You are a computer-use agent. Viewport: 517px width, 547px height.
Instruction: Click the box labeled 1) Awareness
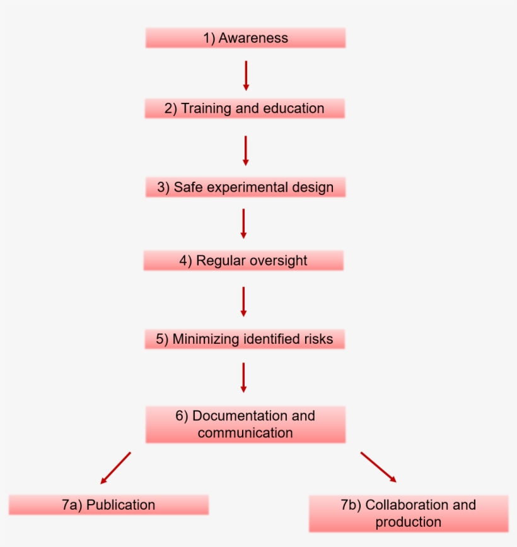point(245,38)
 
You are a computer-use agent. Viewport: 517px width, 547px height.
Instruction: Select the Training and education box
point(245,109)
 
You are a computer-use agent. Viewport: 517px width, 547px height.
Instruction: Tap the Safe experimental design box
point(245,187)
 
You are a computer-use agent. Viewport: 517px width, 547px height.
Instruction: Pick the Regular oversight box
point(243,261)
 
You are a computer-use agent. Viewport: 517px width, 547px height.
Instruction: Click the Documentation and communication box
point(245,424)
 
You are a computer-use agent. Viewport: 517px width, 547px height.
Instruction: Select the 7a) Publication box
point(108,505)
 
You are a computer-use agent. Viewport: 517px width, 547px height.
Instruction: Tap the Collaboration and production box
point(409,513)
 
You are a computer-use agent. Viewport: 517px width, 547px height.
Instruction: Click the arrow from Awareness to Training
point(246,75)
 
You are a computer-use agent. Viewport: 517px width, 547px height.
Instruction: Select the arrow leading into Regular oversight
point(243,223)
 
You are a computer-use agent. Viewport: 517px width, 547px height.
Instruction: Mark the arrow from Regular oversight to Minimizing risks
point(243,302)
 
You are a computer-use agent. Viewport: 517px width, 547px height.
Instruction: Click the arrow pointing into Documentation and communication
point(243,377)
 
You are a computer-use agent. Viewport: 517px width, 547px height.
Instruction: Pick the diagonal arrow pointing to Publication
point(116,468)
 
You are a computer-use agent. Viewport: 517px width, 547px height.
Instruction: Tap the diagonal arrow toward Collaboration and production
point(378,467)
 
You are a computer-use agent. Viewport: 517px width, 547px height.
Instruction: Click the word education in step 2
point(294,109)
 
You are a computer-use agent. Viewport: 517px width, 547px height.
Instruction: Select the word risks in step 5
point(318,339)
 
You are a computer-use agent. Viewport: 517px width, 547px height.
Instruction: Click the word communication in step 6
point(245,433)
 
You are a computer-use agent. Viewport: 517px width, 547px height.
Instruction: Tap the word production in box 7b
point(409,522)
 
